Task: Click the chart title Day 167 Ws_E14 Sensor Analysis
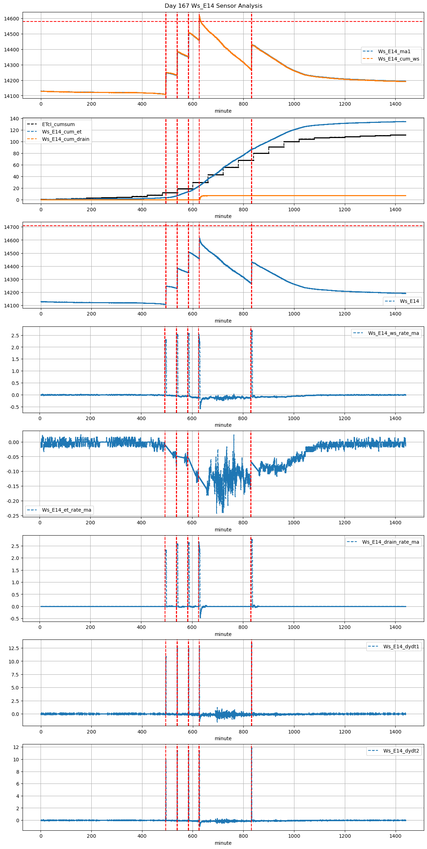coord(213,6)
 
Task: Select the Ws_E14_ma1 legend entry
coord(394,51)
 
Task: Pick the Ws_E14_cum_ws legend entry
coord(398,59)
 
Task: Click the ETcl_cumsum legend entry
coord(58,124)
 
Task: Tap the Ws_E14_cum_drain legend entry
coord(66,139)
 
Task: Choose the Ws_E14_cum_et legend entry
coord(62,132)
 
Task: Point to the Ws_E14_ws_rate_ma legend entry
coord(394,333)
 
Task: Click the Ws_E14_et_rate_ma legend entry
coord(66,510)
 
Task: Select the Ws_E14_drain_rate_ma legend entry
coord(391,542)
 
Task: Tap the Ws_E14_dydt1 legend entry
coord(401,647)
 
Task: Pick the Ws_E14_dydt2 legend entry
coord(401,751)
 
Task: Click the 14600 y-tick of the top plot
coord(11,19)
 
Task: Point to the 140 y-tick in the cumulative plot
coord(14,119)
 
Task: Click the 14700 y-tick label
coord(11,227)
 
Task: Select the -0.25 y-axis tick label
coord(13,516)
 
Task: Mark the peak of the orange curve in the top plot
coord(200,16)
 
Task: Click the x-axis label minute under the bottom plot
coord(223,843)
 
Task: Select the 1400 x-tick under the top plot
coord(395,104)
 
